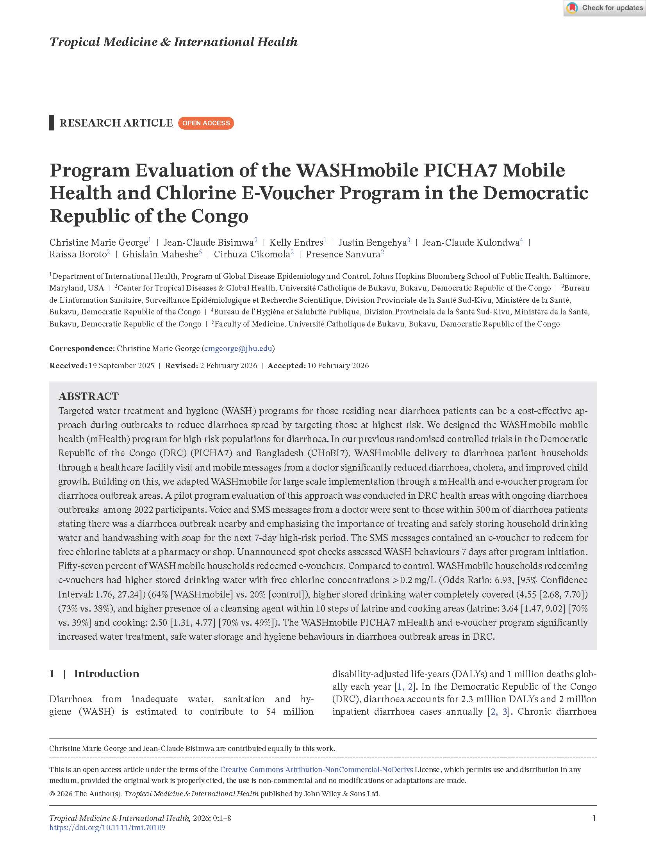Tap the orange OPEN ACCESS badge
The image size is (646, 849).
point(206,123)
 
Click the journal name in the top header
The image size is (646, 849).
point(173,42)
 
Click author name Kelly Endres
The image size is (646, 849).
point(296,243)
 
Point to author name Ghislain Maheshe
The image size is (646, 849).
point(161,255)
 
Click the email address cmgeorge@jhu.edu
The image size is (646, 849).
point(238,348)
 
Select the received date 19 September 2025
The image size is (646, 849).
point(121,366)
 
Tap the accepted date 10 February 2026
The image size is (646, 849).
point(338,366)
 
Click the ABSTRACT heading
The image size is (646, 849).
point(89,396)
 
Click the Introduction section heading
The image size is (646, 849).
point(106,673)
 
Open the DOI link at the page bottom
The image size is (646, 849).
point(107,828)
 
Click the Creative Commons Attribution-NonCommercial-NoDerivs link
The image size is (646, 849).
point(316,769)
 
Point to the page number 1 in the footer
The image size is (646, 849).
point(594,818)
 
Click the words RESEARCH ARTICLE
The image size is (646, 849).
point(116,123)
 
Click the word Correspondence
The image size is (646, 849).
point(81,348)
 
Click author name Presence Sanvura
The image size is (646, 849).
point(343,255)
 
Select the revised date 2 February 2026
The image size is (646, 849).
point(228,366)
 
